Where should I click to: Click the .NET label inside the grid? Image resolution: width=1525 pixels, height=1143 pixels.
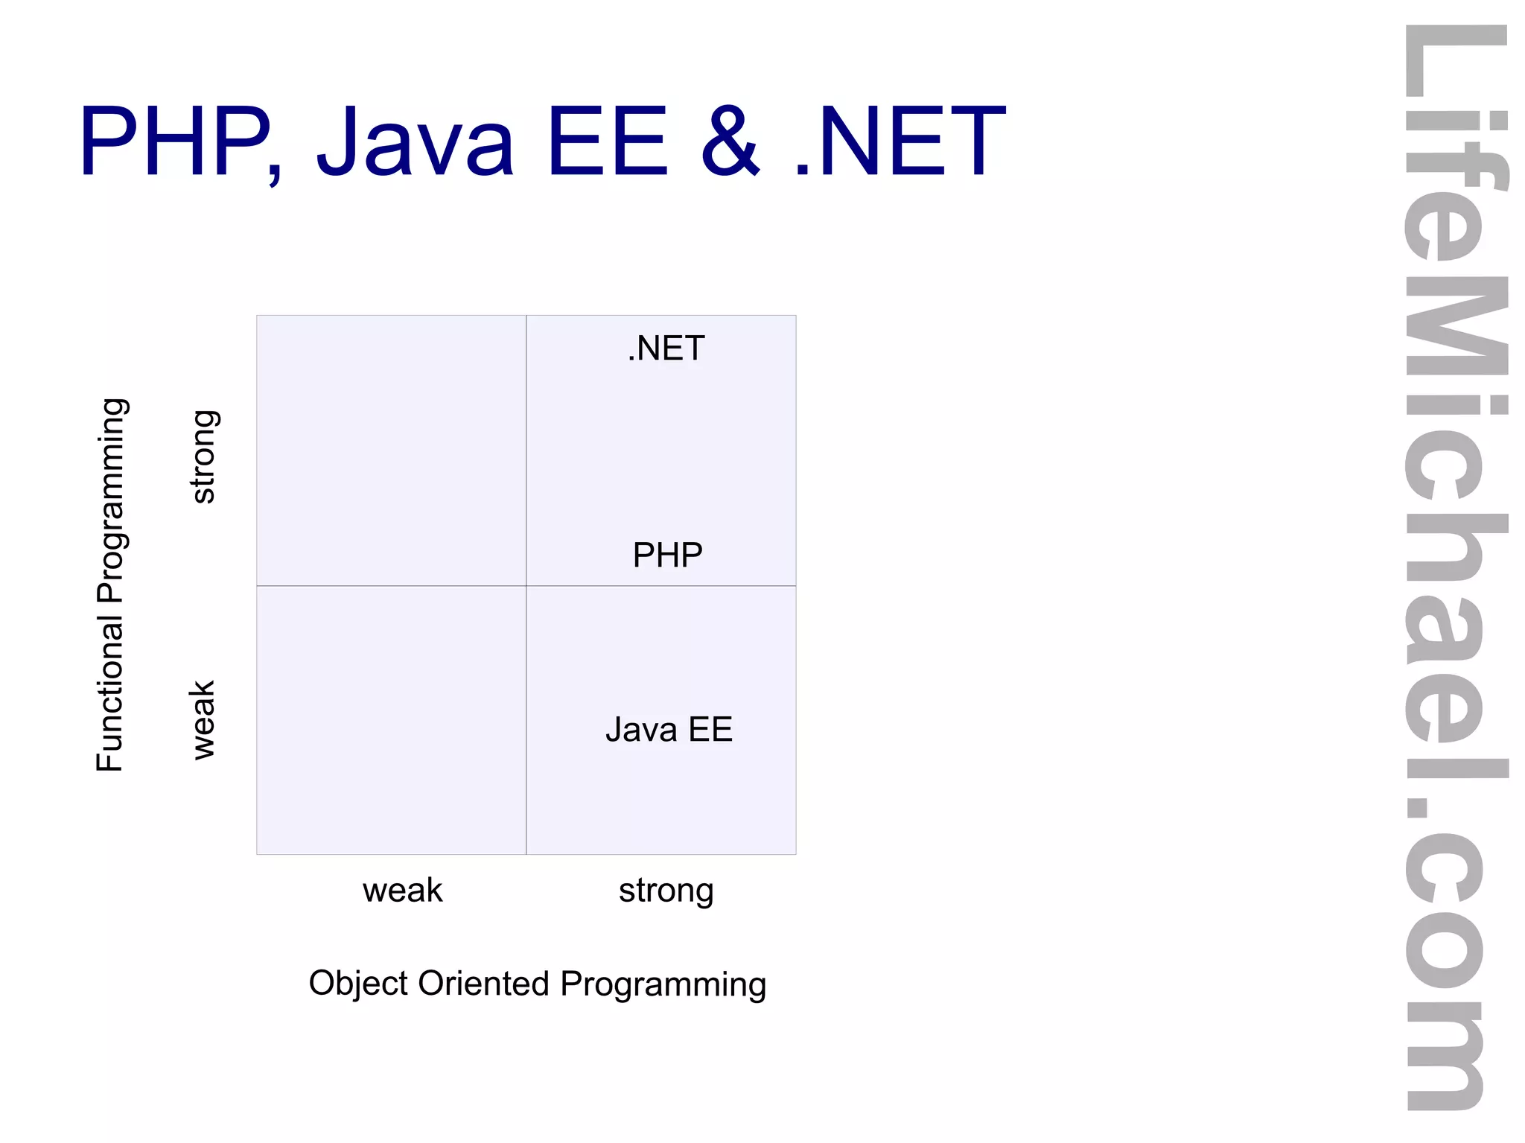click(666, 348)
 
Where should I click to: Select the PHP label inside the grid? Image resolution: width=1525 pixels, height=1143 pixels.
click(667, 555)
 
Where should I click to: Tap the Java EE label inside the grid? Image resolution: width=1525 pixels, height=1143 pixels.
click(669, 729)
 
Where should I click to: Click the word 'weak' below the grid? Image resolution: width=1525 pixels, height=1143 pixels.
click(402, 890)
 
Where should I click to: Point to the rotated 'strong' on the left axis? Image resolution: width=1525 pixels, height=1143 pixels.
click(203, 456)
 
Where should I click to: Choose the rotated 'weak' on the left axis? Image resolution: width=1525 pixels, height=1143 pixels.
click(203, 719)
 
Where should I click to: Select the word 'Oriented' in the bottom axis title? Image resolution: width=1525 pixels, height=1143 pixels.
click(483, 983)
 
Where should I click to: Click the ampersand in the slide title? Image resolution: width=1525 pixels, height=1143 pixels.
click(730, 141)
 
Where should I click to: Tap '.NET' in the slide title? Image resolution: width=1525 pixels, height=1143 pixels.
click(900, 141)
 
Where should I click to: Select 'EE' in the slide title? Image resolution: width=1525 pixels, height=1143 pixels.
click(606, 141)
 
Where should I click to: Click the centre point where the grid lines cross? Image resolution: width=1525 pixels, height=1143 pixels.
click(526, 586)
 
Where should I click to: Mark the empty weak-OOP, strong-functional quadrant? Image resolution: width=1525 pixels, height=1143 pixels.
click(391, 450)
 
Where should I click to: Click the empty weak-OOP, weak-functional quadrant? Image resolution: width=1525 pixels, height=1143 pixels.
click(391, 720)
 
